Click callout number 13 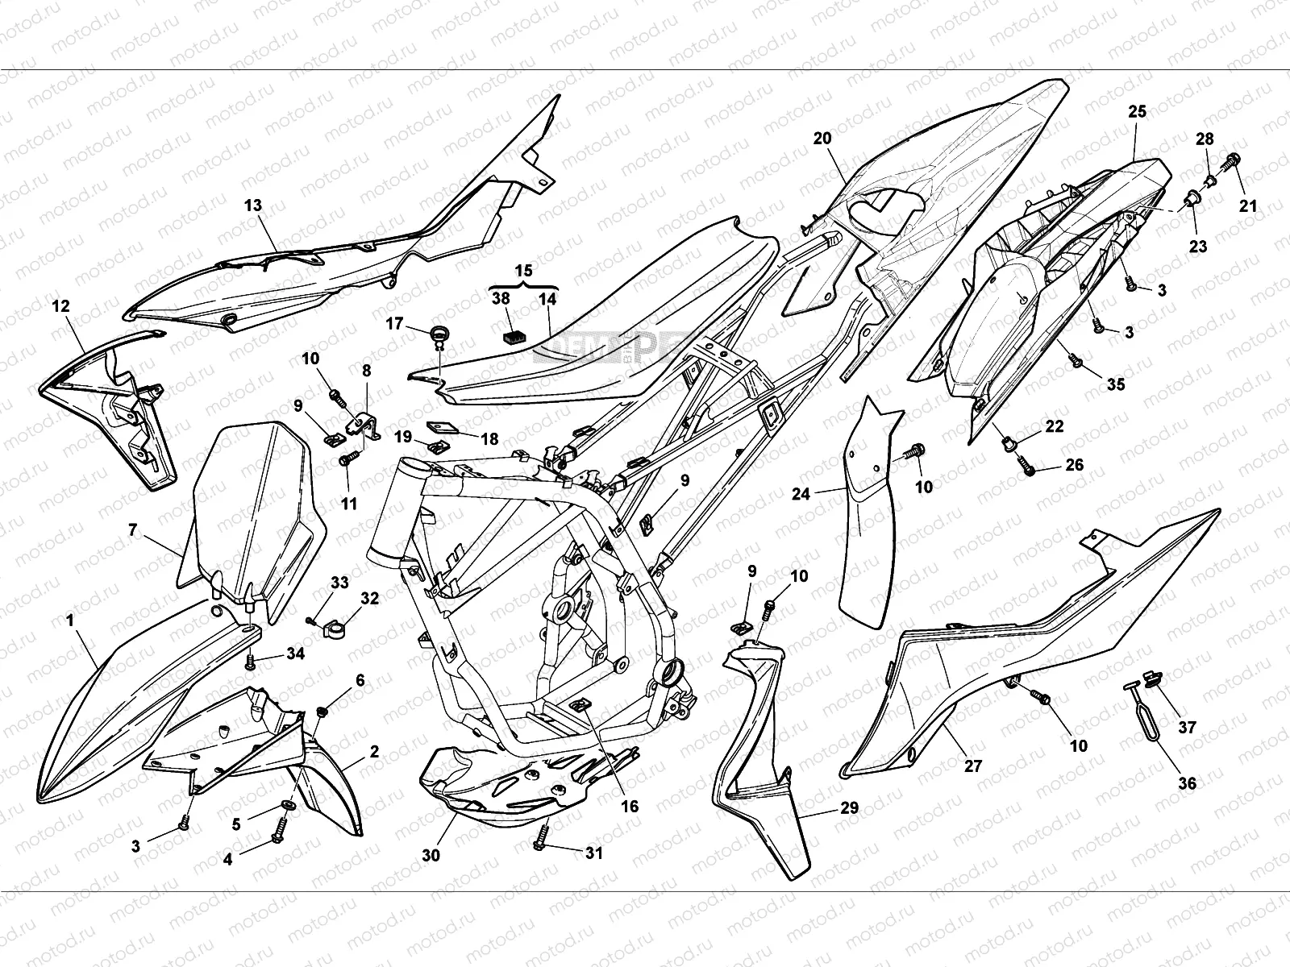coord(253,205)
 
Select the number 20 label coord(822,138)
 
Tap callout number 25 coord(1137,112)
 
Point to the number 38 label coord(501,298)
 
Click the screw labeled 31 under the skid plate coord(543,841)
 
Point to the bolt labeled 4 coord(281,831)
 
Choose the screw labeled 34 coord(251,662)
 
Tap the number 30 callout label coord(431,856)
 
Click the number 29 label coord(849,807)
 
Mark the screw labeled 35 coord(1075,363)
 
